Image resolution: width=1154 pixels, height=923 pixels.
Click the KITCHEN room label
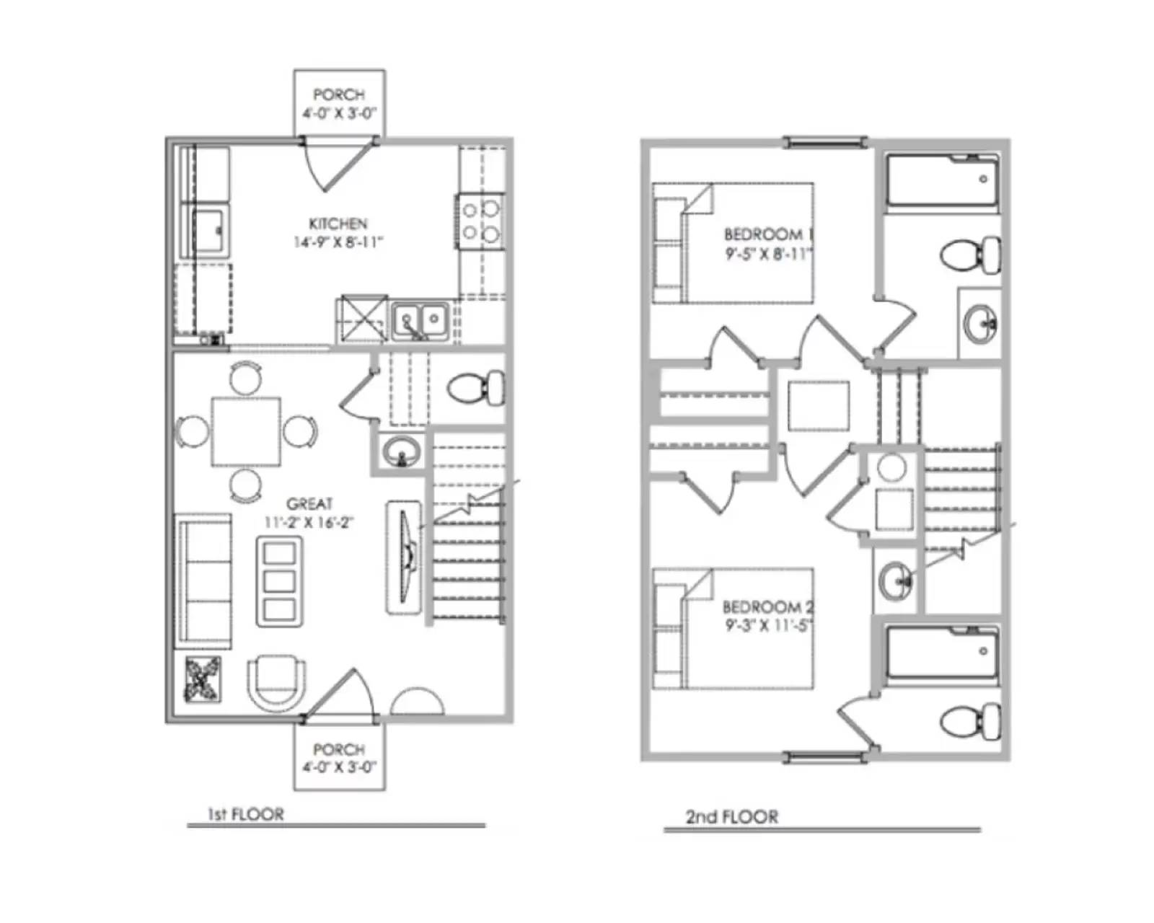(x=338, y=224)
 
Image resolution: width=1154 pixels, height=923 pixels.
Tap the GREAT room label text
(x=309, y=504)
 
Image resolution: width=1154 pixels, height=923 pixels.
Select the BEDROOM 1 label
(x=768, y=235)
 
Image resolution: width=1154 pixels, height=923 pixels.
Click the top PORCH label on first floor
(x=339, y=95)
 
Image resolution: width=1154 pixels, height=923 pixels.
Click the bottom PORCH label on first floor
(x=339, y=750)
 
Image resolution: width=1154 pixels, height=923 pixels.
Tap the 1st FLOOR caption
(x=246, y=815)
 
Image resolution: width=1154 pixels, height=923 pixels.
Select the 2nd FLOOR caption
(x=731, y=817)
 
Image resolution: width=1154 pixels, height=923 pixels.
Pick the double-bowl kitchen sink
(x=420, y=319)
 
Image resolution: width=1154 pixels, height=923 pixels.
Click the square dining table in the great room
(x=246, y=432)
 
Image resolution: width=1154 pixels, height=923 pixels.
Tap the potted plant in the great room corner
(x=203, y=679)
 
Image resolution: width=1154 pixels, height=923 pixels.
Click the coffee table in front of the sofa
(x=279, y=581)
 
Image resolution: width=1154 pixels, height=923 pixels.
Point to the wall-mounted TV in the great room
(x=405, y=557)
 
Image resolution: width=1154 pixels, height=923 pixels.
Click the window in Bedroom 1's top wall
(x=825, y=141)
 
